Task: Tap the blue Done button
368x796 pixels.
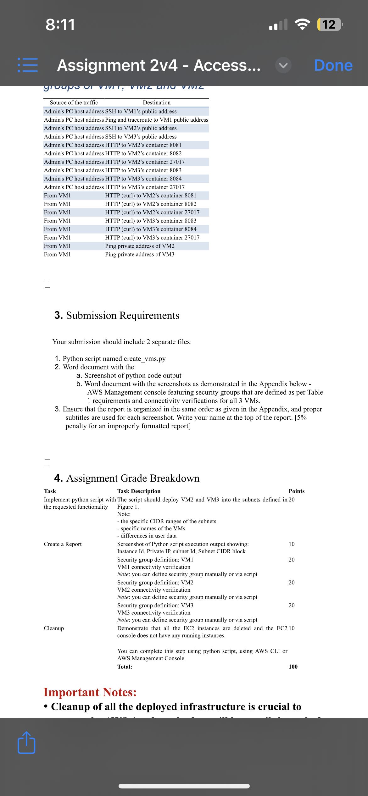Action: click(333, 65)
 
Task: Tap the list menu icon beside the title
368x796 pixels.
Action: click(28, 65)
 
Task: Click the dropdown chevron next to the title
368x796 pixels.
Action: click(283, 65)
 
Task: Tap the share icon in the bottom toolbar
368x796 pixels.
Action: click(26, 743)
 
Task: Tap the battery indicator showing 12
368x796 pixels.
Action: click(329, 25)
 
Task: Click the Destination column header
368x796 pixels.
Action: click(156, 102)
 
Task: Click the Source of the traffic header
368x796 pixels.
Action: click(74, 102)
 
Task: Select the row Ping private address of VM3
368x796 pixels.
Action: click(139, 254)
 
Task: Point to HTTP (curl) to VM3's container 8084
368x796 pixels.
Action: click(150, 229)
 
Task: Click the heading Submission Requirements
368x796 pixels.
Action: click(123, 315)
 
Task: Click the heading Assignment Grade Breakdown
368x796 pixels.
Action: click(133, 478)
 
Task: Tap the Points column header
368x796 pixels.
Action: click(296, 491)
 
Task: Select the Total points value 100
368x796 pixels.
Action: click(293, 666)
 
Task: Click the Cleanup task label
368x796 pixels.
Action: click(54, 628)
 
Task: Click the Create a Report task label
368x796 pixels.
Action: click(63, 544)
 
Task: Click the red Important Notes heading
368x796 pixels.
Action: click(90, 692)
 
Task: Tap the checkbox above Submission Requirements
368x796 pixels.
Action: click(47, 284)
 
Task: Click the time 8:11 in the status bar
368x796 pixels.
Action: click(60, 25)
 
